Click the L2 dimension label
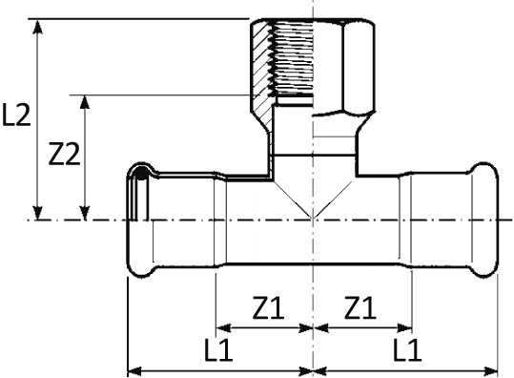[x=16, y=115]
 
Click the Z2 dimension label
[x=64, y=154]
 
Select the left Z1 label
[x=268, y=307]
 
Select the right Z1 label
[x=360, y=307]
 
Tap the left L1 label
[x=218, y=349]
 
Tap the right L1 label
[x=406, y=349]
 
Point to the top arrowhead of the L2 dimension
[x=38, y=27]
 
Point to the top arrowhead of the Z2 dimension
[x=85, y=101]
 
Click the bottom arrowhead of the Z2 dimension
[x=85, y=213]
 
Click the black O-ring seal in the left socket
[x=141, y=173]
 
